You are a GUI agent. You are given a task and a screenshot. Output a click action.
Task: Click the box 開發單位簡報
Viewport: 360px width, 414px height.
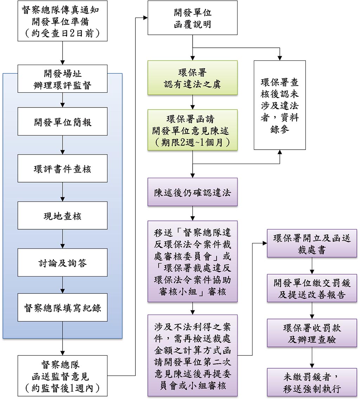62,121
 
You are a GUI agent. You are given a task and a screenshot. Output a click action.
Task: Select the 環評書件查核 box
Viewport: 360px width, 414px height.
62,169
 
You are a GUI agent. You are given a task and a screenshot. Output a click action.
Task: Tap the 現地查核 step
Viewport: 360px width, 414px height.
62,216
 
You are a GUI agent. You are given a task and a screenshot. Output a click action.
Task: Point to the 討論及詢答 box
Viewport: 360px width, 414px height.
62,262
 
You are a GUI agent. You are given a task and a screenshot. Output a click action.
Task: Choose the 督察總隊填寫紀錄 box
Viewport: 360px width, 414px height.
62,307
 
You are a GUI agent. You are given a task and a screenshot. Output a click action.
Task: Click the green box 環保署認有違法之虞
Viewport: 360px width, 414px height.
192,78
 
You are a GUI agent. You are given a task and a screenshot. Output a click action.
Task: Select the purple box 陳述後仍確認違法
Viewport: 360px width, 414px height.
192,192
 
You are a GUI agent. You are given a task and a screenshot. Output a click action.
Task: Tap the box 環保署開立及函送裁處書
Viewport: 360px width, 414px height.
312,243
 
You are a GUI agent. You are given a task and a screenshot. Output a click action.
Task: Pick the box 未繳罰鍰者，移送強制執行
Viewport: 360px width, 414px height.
312,382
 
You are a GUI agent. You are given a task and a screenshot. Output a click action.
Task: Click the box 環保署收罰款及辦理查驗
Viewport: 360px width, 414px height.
312,333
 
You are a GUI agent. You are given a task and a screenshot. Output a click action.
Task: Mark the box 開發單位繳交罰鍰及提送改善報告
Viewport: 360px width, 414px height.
312,288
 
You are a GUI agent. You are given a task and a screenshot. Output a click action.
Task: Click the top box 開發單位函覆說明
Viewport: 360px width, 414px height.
192,18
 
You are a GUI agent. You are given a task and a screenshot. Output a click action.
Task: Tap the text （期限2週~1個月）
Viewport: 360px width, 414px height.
192,143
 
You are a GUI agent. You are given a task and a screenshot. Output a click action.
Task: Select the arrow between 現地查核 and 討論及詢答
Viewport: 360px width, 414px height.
62,239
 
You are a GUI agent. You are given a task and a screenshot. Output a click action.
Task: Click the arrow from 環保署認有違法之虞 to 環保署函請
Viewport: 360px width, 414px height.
192,102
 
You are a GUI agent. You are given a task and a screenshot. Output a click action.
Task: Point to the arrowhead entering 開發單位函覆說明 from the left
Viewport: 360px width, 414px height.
146,18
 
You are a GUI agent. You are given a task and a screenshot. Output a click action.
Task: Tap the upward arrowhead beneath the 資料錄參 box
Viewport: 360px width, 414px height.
279,152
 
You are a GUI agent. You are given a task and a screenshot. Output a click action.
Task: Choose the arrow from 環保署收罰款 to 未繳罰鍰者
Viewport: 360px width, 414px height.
312,357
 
